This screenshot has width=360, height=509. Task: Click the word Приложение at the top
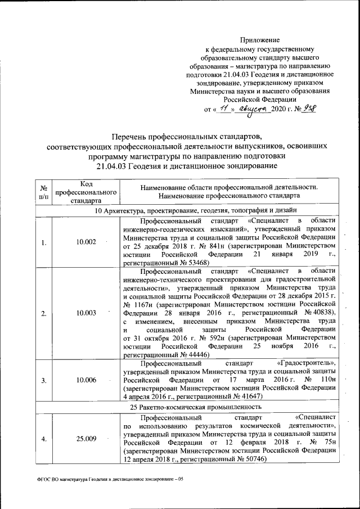pyautogui.click(x=260, y=40)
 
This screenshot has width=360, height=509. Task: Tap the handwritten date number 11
pyautogui.click(x=224, y=109)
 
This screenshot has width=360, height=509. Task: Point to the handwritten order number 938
pyautogui.click(x=308, y=109)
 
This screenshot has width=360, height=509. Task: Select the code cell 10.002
pyautogui.click(x=86, y=242)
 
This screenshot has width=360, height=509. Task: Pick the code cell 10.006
pyautogui.click(x=86, y=380)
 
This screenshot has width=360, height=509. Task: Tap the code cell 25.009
pyautogui.click(x=86, y=439)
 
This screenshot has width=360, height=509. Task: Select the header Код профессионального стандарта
pyautogui.click(x=86, y=192)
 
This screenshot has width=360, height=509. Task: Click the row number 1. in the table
pyautogui.click(x=43, y=242)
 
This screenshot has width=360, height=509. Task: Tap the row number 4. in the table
pyautogui.click(x=43, y=439)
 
